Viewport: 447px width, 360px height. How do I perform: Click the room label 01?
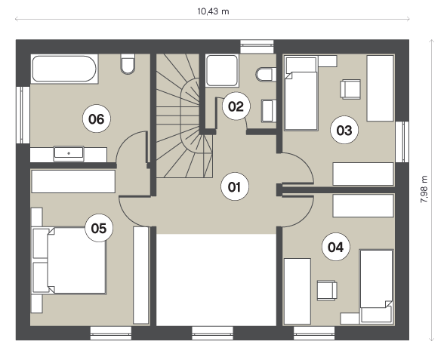pos(235,187)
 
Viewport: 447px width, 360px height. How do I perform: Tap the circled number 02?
pos(236,106)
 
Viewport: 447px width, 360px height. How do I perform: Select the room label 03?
pos(344,131)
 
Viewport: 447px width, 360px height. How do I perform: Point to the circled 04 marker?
pos(336,247)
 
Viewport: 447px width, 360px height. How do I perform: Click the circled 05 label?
pos(99,228)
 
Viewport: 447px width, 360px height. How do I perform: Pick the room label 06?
pos(97,118)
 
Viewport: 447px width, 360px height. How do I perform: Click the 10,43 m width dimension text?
pos(213,11)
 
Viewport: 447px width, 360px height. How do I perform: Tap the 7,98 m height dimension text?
pos(424,189)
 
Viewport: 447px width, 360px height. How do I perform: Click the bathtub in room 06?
pos(64,69)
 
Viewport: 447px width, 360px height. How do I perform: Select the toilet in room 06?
pos(128,64)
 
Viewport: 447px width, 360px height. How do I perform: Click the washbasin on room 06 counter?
pos(69,153)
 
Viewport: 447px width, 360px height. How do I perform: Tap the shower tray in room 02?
pos(222,70)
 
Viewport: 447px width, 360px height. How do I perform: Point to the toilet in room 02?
pos(266,75)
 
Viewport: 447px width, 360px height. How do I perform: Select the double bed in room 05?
pos(69,260)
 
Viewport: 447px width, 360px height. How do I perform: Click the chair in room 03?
pos(350,89)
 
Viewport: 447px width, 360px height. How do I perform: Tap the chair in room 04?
pos(327,291)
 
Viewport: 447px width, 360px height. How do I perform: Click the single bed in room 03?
pos(301,93)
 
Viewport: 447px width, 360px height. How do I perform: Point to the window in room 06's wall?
pos(23,115)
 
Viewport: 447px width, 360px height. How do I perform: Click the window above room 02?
pos(257,47)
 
